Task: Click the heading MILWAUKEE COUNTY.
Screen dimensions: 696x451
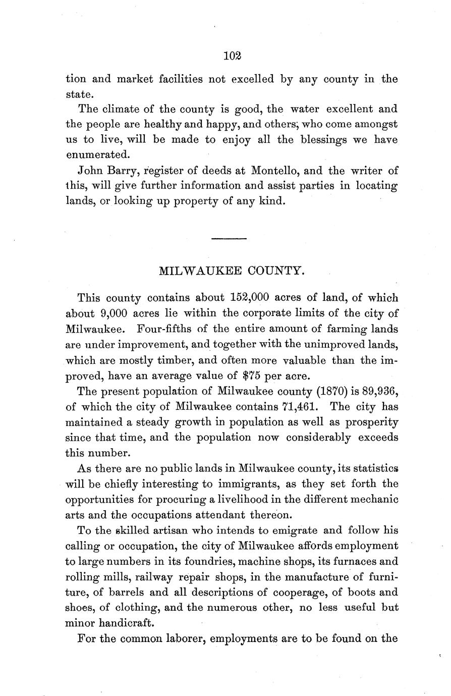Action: (232, 271)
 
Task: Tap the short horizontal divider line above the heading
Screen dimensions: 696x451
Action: (229, 238)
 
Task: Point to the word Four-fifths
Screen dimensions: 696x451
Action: (164, 329)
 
